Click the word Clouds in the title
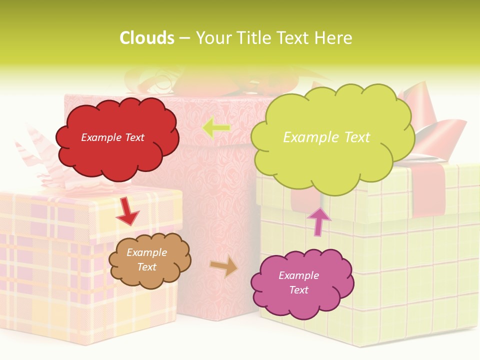point(147,38)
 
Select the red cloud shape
point(118,150)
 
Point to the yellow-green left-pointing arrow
point(216,128)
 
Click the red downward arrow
point(127,211)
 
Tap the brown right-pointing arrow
point(224,265)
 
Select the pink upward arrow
point(319,220)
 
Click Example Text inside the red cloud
point(112,137)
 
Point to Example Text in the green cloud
point(326,137)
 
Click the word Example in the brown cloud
point(146,252)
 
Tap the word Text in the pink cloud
point(299,290)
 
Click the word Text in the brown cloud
point(146,267)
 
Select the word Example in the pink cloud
point(298,275)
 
